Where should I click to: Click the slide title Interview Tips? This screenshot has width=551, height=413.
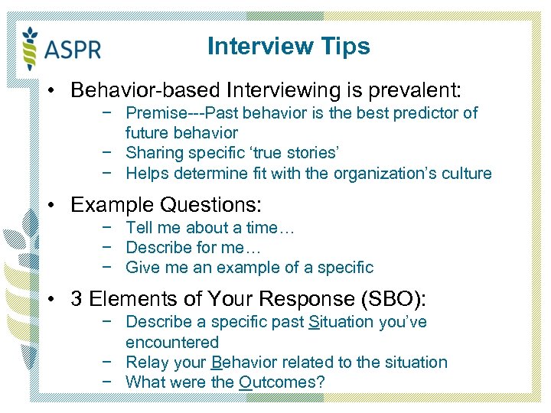point(289,46)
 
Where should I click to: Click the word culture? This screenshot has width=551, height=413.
point(465,174)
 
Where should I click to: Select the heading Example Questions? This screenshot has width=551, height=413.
point(166,205)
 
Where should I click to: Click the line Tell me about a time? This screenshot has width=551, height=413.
point(210,227)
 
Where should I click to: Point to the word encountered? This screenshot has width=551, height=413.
point(172,342)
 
